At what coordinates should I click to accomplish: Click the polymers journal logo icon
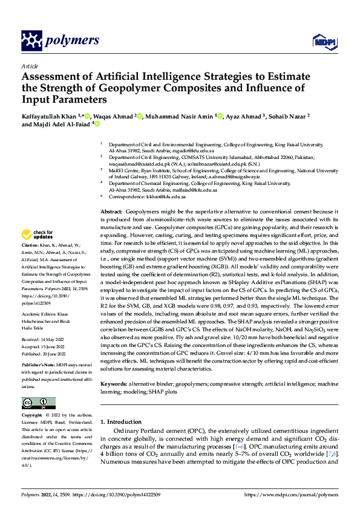point(31,41)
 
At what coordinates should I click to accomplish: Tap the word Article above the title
point(29,66)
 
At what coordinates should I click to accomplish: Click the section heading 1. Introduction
point(123,421)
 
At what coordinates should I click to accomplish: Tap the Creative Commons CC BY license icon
point(39,403)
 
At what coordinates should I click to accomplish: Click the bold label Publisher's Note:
point(39,366)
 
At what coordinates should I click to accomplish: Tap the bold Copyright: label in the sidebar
point(33,416)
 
